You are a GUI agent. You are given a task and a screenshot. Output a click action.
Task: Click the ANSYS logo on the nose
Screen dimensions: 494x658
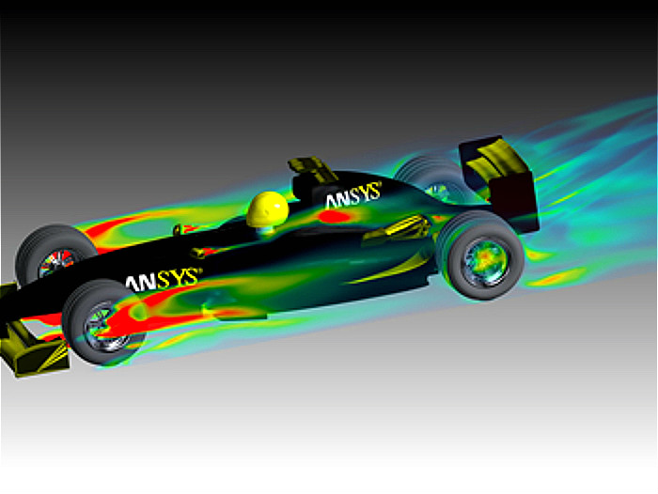163,279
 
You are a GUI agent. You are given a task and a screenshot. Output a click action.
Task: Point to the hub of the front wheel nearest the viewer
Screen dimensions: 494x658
101,325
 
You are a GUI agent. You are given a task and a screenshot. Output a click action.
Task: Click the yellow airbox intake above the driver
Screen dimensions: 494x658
310,169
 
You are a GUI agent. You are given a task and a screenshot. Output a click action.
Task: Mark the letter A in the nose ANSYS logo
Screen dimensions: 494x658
133,281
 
